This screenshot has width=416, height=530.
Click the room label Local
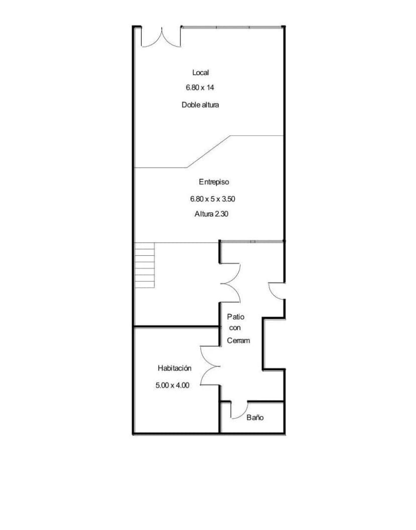200,73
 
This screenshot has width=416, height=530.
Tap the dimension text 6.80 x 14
200,88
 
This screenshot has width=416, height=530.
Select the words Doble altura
200,105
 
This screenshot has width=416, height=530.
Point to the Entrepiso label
214,182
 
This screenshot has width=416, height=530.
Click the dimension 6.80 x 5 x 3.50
213,199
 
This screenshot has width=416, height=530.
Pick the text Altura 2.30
213,214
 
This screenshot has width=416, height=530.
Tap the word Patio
235,317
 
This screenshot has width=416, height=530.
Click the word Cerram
239,341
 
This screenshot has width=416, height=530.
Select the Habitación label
174,368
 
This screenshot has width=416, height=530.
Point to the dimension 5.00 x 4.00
172,386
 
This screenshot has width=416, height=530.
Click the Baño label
255,418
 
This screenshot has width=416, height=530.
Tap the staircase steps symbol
145,265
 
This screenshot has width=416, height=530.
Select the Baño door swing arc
238,411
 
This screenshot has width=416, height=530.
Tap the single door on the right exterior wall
276,291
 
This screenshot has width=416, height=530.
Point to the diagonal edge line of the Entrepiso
209,151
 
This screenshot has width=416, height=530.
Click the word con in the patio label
235,328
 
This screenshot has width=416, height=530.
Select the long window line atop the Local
232,27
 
